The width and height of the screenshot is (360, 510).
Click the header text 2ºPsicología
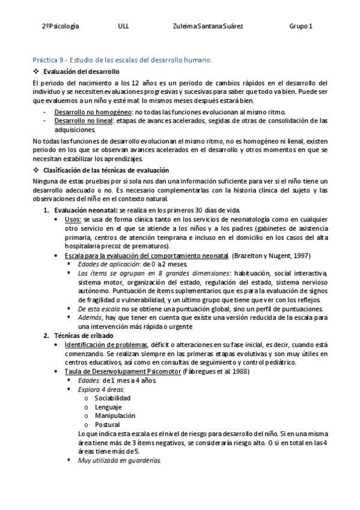[61, 26]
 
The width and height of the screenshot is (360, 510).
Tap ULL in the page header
[124, 26]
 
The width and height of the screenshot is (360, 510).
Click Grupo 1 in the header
[301, 26]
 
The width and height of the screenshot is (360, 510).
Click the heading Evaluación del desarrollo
[82, 72]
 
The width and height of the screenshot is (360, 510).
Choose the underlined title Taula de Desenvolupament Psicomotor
[123, 372]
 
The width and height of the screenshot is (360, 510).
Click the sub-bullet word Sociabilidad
[112, 398]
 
